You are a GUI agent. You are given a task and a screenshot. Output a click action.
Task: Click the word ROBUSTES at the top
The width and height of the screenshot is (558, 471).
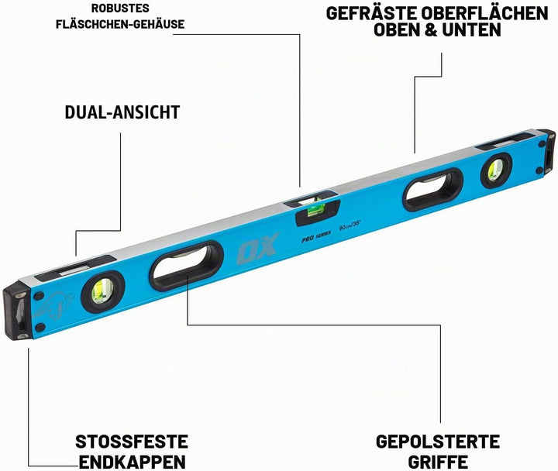(x=120, y=9)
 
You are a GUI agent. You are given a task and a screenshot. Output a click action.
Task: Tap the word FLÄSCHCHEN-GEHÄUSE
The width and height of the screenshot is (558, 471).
(x=120, y=24)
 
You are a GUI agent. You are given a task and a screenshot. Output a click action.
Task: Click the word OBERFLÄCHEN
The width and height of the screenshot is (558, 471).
(x=484, y=13)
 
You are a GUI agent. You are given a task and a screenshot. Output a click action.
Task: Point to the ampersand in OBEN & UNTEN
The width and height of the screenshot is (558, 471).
(x=431, y=30)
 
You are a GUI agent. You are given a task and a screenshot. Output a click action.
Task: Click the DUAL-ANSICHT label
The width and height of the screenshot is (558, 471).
(x=122, y=112)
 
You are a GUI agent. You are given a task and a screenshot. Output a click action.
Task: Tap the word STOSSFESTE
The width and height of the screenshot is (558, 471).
(x=131, y=442)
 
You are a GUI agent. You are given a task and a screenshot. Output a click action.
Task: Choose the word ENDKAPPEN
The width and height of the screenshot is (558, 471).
(x=132, y=462)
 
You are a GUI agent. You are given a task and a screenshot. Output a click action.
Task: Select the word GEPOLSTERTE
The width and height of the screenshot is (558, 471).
(x=438, y=442)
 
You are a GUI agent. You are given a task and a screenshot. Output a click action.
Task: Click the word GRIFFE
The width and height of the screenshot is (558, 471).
(x=438, y=462)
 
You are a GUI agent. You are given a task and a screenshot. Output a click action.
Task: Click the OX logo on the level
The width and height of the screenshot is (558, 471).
(x=257, y=249)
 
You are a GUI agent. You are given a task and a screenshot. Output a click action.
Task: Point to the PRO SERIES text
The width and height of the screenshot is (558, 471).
(x=316, y=236)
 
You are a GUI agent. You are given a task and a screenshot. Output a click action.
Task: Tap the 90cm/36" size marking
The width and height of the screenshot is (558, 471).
(x=350, y=225)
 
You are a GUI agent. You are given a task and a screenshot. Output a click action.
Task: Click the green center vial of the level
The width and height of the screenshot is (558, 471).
(x=315, y=209)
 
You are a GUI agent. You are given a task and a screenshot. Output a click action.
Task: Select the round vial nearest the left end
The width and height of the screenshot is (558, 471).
(x=102, y=292)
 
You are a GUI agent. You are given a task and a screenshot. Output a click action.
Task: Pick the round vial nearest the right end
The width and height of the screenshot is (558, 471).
(x=496, y=170)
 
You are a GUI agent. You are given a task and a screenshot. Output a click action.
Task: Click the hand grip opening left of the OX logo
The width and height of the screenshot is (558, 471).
(x=186, y=266)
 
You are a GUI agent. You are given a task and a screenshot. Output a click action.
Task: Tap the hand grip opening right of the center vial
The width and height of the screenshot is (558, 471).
(x=433, y=190)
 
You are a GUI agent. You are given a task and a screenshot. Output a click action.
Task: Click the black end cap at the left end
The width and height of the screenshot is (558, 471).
(x=16, y=310)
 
